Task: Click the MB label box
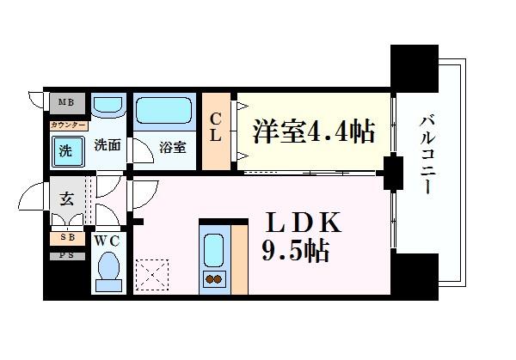pyautogui.click(x=65, y=104)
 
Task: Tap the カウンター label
pyautogui.click(x=67, y=125)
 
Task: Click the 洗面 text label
pyautogui.click(x=107, y=145)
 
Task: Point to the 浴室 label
pyautogui.click(x=173, y=147)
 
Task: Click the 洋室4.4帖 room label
pyautogui.click(x=313, y=131)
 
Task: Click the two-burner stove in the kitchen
pyautogui.click(x=212, y=279)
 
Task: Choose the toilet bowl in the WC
pyautogui.click(x=109, y=268)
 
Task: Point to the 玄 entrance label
pyautogui.click(x=66, y=200)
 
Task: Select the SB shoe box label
pyautogui.click(x=66, y=238)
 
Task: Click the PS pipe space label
pyautogui.click(x=66, y=255)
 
